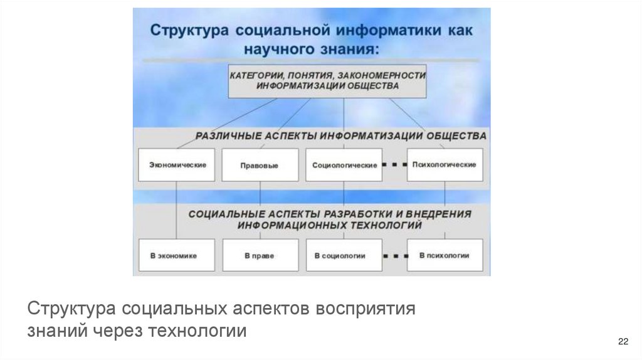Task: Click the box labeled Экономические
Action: coord(176,165)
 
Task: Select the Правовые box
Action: coord(259,166)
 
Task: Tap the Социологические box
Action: coord(344,165)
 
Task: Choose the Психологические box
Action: coord(445,164)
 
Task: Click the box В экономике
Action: coord(176,255)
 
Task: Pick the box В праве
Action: coord(259,255)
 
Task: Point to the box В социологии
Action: coord(344,255)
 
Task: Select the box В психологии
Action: coord(445,255)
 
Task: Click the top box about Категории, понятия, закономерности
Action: coord(327,81)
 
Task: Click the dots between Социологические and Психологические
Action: coord(394,165)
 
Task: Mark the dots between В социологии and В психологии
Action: coord(395,255)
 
